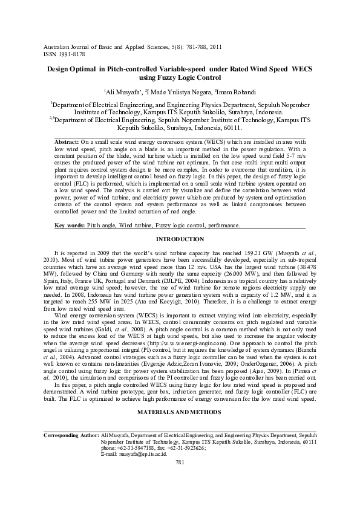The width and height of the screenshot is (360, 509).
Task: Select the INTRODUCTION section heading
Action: tap(180, 239)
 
